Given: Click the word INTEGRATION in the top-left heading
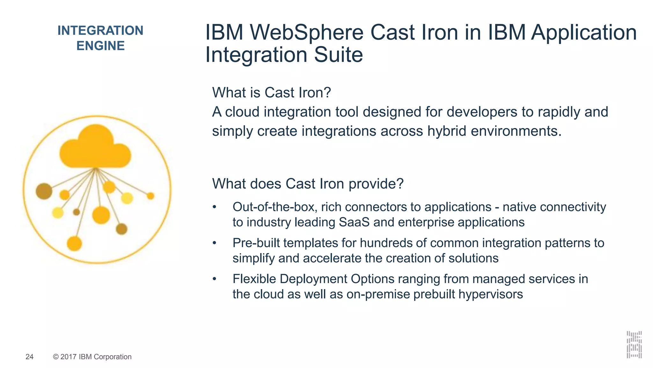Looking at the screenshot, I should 100,31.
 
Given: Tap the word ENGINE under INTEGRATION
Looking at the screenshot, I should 100,46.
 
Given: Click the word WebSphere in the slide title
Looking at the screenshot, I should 306,33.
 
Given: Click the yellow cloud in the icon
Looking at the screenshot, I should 95,149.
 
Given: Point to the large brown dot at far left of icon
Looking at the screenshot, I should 44,191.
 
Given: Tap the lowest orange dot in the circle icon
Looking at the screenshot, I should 74,244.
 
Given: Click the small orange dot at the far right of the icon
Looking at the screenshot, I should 150,196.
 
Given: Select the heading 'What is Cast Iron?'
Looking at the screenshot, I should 271,93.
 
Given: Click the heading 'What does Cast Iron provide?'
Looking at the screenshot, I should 308,184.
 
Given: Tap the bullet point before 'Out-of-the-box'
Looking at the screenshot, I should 215,207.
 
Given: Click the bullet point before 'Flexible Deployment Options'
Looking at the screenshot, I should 215,279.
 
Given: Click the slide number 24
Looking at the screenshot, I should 29,357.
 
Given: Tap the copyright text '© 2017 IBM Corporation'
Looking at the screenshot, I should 92,357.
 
